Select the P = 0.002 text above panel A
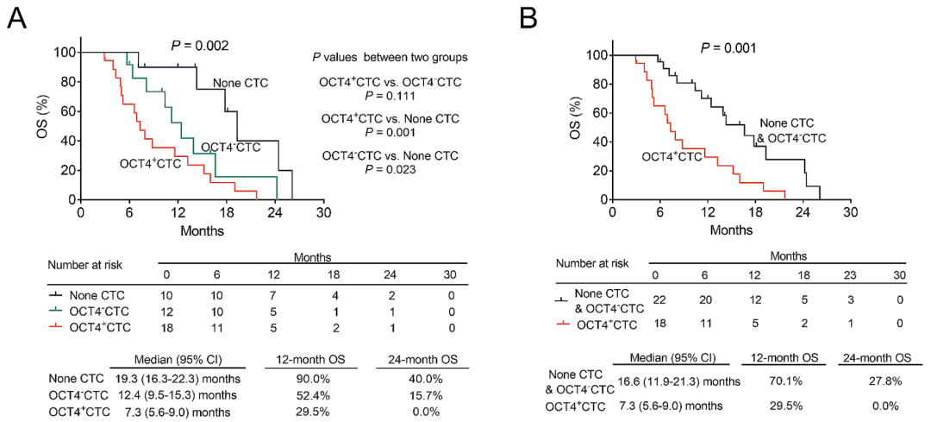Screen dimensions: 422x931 tap(199, 45)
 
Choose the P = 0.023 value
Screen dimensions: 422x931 tap(391, 170)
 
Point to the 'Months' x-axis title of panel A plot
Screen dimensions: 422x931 tap(203, 232)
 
